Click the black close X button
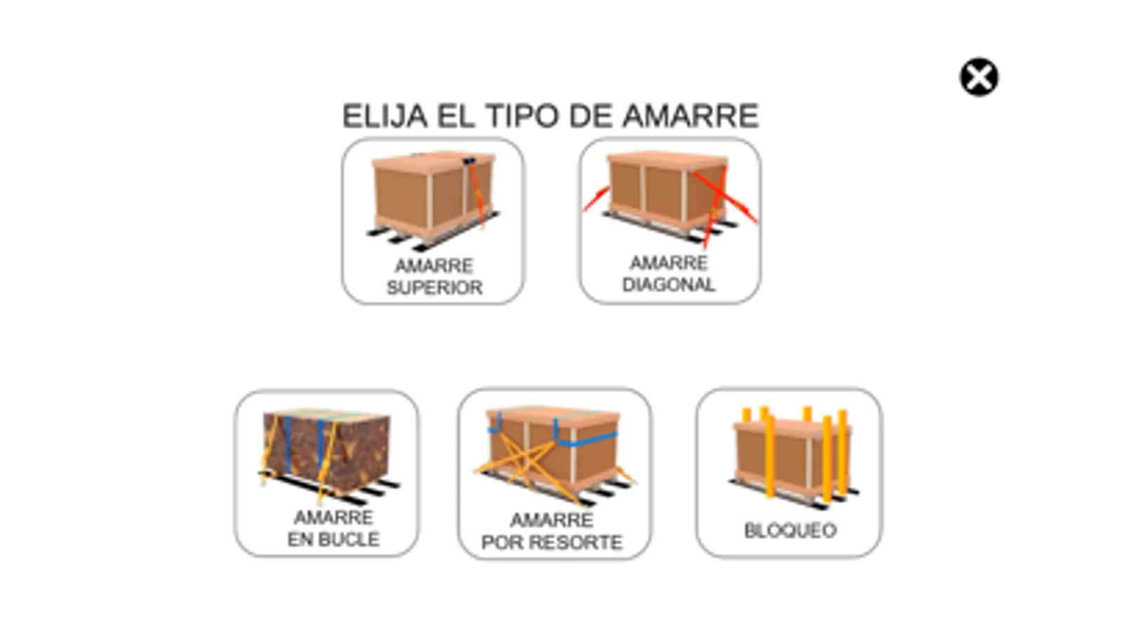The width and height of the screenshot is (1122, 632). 979,77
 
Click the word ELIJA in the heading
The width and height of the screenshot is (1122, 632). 385,117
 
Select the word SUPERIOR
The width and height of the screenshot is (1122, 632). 435,288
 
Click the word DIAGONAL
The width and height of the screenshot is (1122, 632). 669,285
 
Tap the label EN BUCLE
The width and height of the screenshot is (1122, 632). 333,540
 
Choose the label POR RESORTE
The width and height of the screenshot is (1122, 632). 552,542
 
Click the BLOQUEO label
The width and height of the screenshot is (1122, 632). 790,531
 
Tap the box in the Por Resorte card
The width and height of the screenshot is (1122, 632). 554,446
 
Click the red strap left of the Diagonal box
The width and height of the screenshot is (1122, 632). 596,199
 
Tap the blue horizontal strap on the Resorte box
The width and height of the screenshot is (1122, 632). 586,440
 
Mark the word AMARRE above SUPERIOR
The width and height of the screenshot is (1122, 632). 434,265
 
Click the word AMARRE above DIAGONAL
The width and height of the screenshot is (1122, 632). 669,263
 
